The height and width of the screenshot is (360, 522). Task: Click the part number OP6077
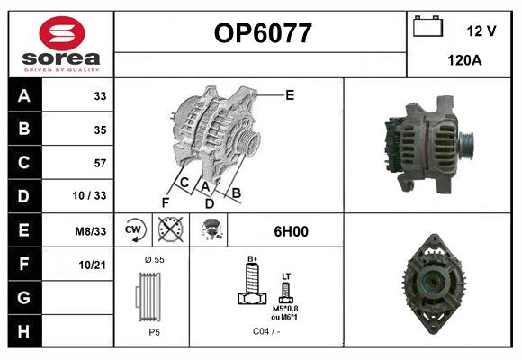262,34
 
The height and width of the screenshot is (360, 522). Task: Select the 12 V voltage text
481,31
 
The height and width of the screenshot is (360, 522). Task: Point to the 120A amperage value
464,60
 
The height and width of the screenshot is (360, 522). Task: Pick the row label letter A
23,96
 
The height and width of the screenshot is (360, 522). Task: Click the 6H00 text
291,231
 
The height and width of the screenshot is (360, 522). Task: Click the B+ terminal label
253,259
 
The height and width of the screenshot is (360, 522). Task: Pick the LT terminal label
286,275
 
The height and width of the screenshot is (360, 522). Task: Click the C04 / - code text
267,331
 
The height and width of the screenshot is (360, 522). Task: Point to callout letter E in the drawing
290,94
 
